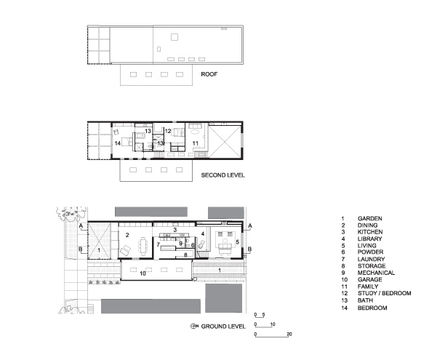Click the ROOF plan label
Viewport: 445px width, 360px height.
[x=209, y=74]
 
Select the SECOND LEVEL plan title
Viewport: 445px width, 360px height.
[x=222, y=175]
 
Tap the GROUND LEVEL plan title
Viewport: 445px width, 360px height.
[x=223, y=327]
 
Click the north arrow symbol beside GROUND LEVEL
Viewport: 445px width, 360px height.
[x=194, y=327]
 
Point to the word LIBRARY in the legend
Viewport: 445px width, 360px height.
[x=370, y=239]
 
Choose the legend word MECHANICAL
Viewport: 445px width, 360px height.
[x=376, y=273]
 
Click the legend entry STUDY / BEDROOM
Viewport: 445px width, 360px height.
[x=384, y=293]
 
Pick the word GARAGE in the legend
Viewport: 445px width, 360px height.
[x=370, y=280]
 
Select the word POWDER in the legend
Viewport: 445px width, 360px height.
[x=370, y=252]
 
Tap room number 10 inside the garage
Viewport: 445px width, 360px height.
[x=143, y=273]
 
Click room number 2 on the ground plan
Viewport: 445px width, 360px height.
[x=127, y=235]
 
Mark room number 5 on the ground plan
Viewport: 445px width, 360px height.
[x=238, y=242]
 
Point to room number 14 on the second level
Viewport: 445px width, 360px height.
[x=118, y=143]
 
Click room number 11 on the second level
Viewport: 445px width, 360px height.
[x=195, y=143]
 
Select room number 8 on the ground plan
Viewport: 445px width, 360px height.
[x=185, y=255]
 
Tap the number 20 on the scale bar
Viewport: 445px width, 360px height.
[x=289, y=334]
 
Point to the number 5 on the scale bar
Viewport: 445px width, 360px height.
[x=264, y=315]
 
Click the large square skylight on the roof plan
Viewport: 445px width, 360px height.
[x=175, y=37]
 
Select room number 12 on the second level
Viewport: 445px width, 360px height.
[x=168, y=131]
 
